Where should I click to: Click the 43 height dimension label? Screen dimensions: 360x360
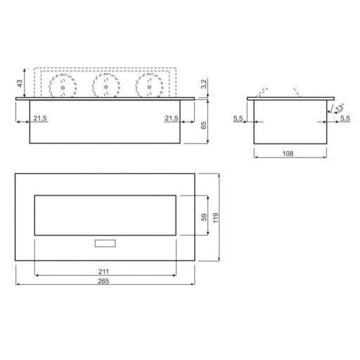20,84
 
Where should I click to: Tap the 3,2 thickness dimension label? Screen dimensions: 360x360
204,84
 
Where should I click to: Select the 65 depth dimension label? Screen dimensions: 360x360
204,125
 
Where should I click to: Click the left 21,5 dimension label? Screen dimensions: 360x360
40,118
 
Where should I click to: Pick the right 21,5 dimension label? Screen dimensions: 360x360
172,118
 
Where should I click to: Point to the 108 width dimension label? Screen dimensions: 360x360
288,153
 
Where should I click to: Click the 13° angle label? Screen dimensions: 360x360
340,108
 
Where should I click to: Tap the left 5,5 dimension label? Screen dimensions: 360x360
238,118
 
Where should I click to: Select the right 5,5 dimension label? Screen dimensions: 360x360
345,118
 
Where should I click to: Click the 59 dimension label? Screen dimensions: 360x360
204,217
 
